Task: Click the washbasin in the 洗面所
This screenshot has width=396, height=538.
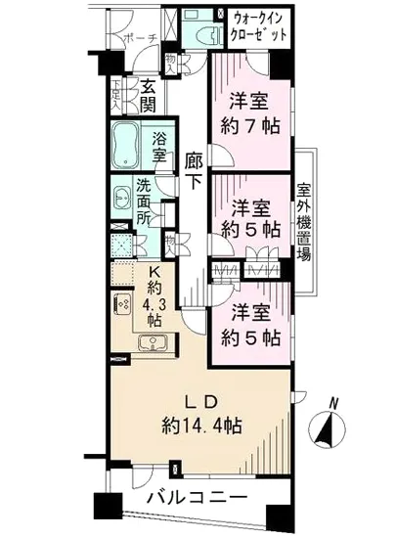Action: click(x=122, y=197)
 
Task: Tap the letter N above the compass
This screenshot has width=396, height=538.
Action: click(x=335, y=402)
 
